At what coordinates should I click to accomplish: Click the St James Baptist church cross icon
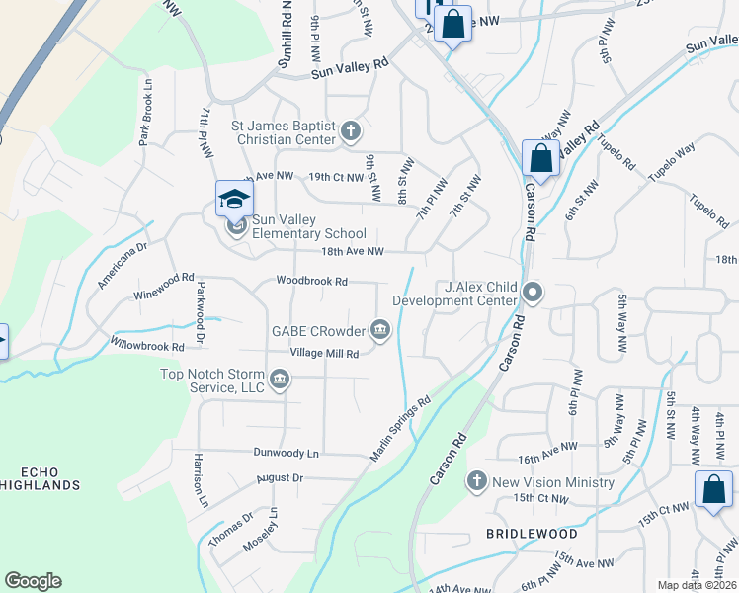[351, 130]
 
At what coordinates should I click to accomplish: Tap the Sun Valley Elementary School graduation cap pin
[234, 200]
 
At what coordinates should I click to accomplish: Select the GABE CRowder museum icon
[380, 329]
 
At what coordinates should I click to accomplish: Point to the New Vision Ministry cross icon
[477, 481]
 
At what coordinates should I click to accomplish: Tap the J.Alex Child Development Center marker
[533, 293]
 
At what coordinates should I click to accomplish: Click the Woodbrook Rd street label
[311, 282]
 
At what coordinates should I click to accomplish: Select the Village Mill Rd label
[324, 353]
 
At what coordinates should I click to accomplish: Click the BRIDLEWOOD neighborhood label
[532, 534]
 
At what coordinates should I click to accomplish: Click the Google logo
[33, 581]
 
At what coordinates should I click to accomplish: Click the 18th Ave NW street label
[352, 252]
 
